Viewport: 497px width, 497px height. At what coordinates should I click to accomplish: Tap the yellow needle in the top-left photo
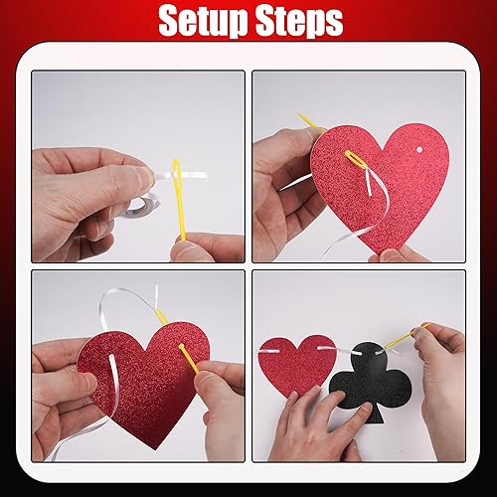click(x=179, y=199)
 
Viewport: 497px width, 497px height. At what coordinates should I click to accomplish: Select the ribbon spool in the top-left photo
click(x=141, y=206)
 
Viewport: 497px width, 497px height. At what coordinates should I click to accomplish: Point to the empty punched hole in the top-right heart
click(x=419, y=150)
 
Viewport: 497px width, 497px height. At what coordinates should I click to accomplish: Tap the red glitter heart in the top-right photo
click(x=380, y=187)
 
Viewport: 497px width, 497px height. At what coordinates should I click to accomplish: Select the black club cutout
click(x=371, y=381)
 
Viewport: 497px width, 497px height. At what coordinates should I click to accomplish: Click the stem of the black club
click(x=376, y=414)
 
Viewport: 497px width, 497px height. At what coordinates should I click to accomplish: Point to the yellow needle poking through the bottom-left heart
click(x=189, y=359)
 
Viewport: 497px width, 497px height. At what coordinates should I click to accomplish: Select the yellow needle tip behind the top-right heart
click(x=309, y=122)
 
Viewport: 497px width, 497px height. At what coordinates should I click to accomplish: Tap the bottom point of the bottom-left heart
click(x=155, y=449)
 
